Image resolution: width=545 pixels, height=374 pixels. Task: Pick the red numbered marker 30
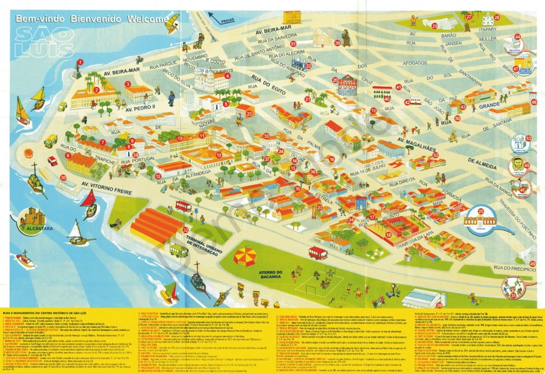point(63,178)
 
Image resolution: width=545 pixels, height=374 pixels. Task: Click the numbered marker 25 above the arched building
point(481,212)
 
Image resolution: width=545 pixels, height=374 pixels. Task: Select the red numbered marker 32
point(185,230)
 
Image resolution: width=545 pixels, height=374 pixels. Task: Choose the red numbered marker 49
point(533,263)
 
